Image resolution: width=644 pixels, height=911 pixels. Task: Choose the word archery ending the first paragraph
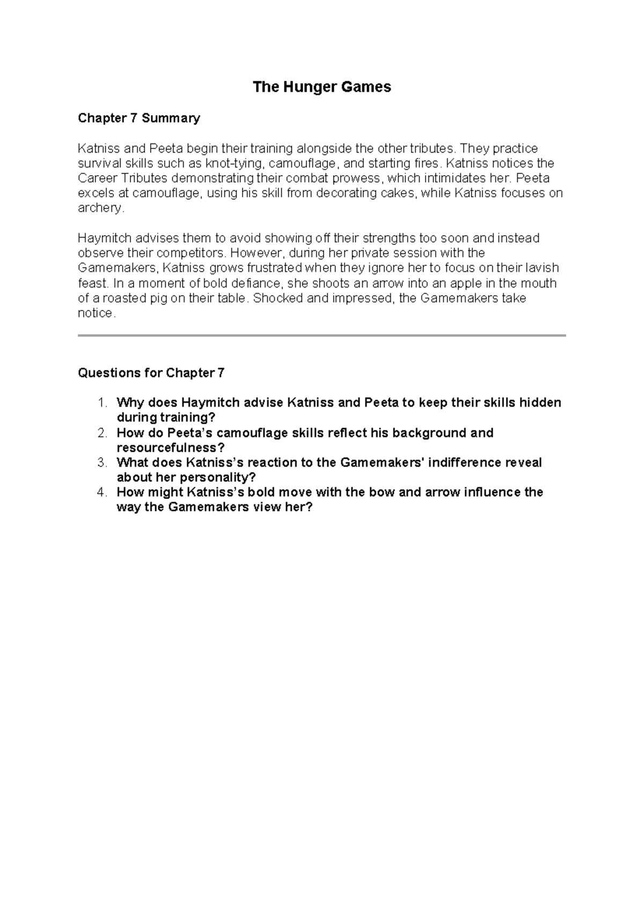(x=100, y=208)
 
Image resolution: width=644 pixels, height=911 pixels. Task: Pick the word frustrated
(x=270, y=268)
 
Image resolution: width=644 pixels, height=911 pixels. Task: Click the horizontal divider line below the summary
(x=322, y=335)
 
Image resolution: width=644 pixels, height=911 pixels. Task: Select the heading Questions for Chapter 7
(x=151, y=373)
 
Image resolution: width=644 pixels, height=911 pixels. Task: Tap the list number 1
(x=102, y=403)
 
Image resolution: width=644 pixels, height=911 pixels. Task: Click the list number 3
(x=102, y=462)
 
